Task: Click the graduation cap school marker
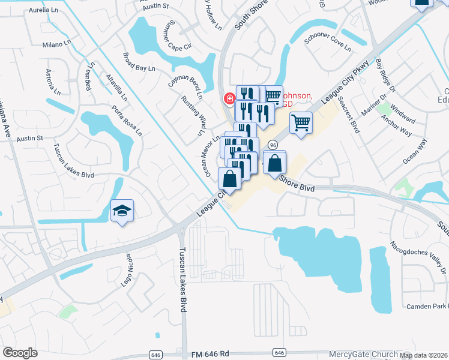(122, 211)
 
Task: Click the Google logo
(20, 352)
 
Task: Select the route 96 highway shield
(273, 145)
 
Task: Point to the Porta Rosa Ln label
(127, 120)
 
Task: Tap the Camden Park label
(427, 306)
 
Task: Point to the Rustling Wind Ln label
(193, 112)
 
